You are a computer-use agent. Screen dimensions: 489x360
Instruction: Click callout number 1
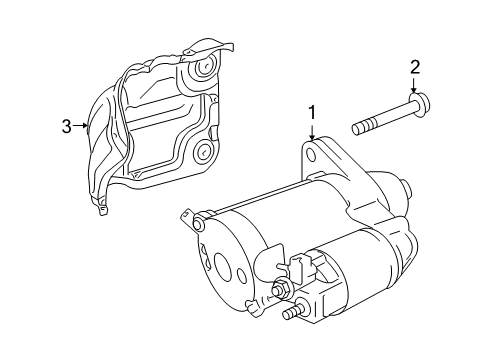[x=312, y=114]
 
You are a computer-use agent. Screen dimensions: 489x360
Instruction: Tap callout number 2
[x=415, y=68]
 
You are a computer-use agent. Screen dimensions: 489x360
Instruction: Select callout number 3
[x=67, y=127]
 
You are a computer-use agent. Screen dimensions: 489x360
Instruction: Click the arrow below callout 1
[x=312, y=132]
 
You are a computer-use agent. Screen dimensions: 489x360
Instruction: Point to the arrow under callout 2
[x=414, y=85]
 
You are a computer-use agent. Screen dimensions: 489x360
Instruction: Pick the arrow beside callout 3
[x=80, y=125]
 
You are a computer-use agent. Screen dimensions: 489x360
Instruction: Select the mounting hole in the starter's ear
[x=310, y=155]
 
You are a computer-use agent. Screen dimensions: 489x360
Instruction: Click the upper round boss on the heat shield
[x=202, y=69]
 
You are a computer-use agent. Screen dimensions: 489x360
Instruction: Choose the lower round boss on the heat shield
[x=202, y=151]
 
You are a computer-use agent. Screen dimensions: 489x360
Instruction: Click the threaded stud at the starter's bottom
[x=293, y=313]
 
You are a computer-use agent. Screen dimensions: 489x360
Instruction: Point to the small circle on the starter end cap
[x=242, y=274]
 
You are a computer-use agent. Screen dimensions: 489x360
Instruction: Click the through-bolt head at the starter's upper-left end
[x=198, y=224]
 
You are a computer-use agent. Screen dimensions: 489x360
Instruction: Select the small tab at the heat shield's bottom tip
[x=103, y=210]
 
